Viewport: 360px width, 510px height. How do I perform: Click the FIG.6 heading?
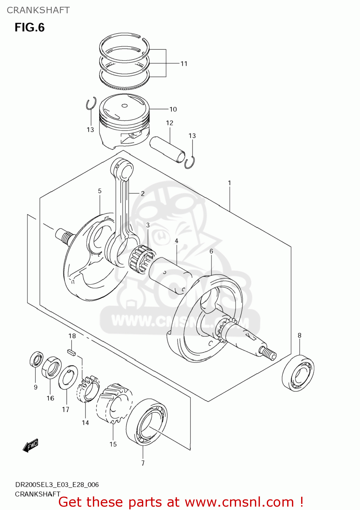click(30, 27)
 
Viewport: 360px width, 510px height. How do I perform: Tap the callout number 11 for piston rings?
click(184, 64)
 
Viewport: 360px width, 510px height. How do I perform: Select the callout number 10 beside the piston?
click(173, 109)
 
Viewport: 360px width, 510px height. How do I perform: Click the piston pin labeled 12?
click(168, 149)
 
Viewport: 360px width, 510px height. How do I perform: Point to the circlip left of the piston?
click(91, 104)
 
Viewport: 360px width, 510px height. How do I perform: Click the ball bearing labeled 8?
click(298, 373)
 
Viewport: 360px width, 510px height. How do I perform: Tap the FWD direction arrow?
click(31, 445)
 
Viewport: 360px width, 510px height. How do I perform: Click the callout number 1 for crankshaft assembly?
click(229, 183)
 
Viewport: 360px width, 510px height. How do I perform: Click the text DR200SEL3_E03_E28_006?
click(57, 485)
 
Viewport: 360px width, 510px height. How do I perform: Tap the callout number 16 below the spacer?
click(50, 398)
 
